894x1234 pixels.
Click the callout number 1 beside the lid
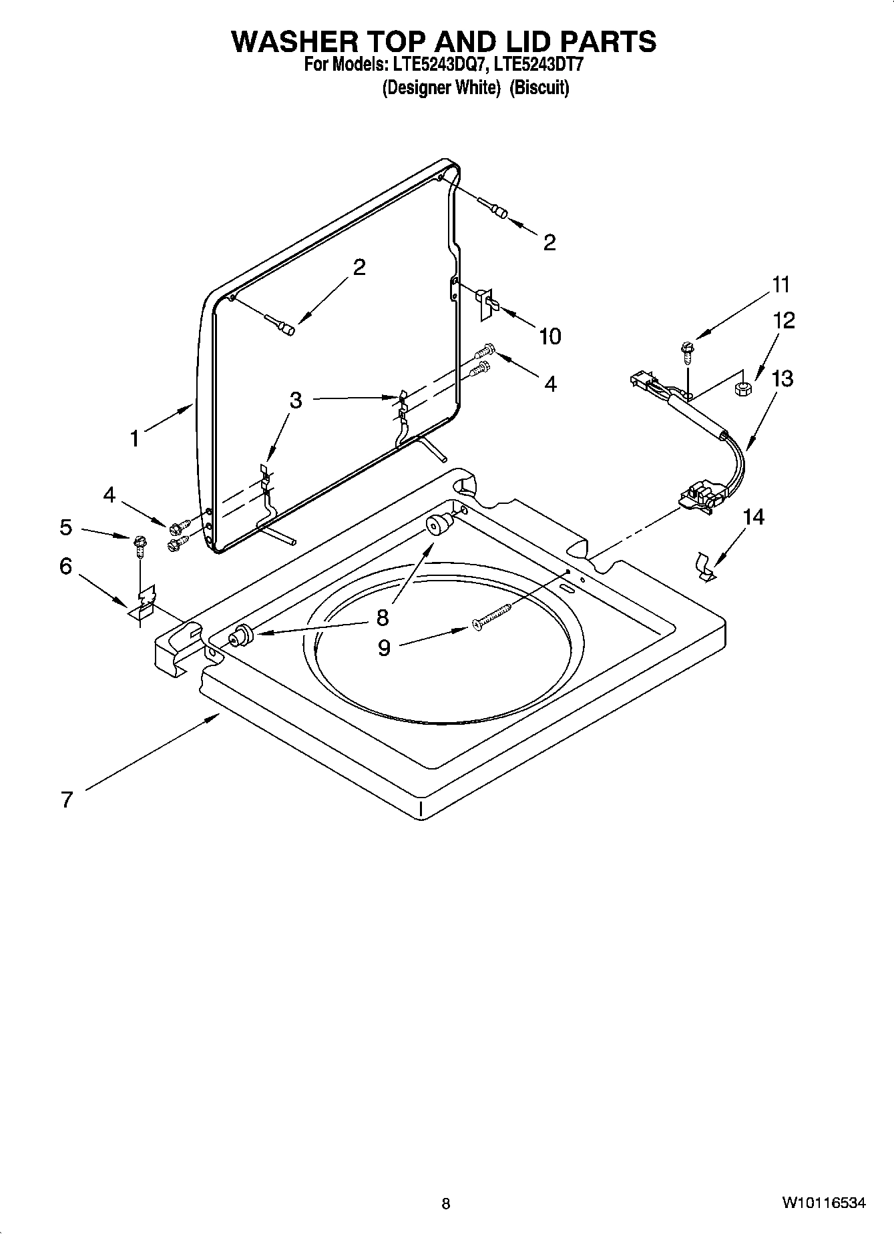(x=135, y=438)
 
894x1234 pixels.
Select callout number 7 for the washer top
(x=67, y=799)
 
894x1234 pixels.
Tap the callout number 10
(x=549, y=336)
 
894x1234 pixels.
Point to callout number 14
(x=754, y=517)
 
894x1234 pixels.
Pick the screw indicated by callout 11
(x=687, y=350)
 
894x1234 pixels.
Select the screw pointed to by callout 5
(x=140, y=543)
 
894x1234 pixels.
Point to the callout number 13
(x=783, y=378)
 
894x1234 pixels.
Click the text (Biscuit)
(x=539, y=87)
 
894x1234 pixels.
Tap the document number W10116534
(x=825, y=1203)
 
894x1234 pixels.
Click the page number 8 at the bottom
(x=446, y=1204)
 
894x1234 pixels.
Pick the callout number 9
(x=384, y=647)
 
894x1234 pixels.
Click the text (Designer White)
(x=441, y=87)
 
